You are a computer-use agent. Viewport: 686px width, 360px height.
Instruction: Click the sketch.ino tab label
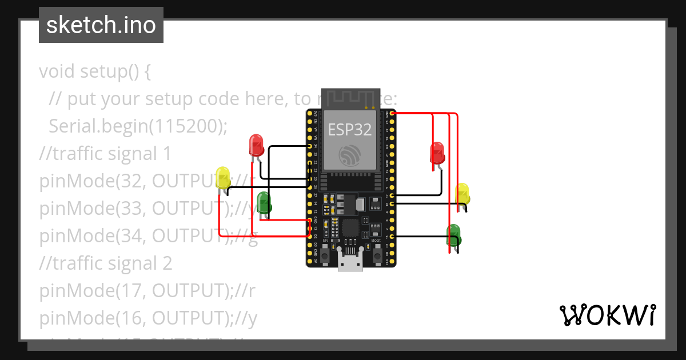(101, 25)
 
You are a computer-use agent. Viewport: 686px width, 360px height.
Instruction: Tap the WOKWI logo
(607, 315)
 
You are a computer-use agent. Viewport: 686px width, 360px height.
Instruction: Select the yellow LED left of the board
(222, 177)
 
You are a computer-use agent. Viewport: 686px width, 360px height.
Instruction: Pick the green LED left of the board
(264, 202)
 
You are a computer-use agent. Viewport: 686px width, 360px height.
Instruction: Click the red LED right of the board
(437, 152)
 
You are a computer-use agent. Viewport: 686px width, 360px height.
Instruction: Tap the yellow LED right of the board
(462, 194)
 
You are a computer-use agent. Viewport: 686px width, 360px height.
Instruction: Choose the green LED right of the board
(453, 234)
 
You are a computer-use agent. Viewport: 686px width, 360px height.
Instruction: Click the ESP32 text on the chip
(349, 130)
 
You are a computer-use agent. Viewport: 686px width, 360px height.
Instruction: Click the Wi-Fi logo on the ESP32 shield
(349, 155)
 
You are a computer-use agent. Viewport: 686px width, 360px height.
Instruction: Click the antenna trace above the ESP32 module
(350, 98)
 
